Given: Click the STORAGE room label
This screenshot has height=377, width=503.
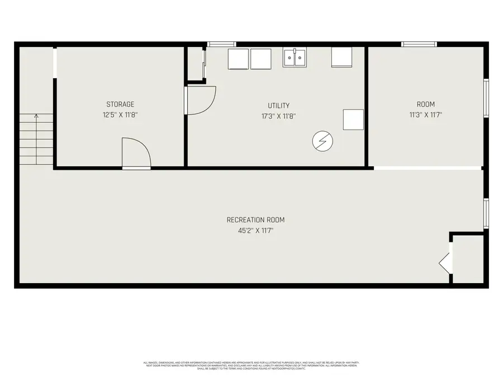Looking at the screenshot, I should point(120,104).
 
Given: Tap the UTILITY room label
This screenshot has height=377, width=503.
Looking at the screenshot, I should point(278,106).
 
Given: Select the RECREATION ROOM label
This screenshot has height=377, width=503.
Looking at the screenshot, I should point(251,219).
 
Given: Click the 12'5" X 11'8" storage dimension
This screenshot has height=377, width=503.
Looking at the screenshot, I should point(120,116).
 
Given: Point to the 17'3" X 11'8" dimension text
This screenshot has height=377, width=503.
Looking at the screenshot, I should point(278,117).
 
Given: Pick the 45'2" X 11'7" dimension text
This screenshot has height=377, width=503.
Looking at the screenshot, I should point(251,230).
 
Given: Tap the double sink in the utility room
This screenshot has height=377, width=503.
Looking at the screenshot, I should point(295,58).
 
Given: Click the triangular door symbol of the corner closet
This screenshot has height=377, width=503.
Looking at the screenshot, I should point(445,262).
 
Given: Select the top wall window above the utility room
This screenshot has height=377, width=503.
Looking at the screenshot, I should point(221,44).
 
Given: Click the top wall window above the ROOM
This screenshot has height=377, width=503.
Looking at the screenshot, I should point(419,44).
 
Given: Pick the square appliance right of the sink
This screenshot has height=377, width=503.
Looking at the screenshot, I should point(342,57).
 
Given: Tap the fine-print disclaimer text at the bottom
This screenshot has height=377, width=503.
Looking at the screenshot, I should point(251,366).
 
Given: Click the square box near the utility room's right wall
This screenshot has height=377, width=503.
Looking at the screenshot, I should point(353,120).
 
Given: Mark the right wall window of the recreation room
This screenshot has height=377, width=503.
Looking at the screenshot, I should point(486,213).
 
